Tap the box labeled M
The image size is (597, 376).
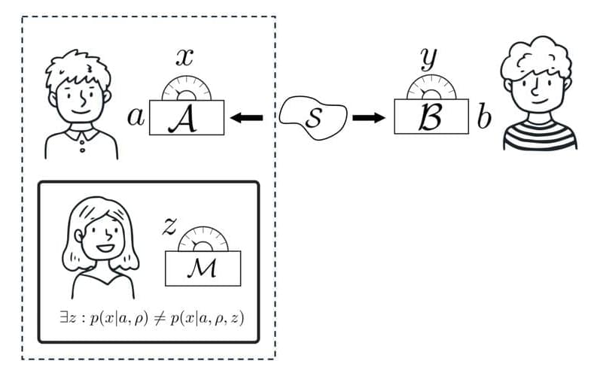click(203, 266)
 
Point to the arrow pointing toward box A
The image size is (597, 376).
click(246, 118)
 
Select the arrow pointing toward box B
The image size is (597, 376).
click(369, 117)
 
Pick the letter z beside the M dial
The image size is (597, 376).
click(169, 226)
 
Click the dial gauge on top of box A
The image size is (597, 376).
click(187, 89)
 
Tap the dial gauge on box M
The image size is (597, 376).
click(203, 238)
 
